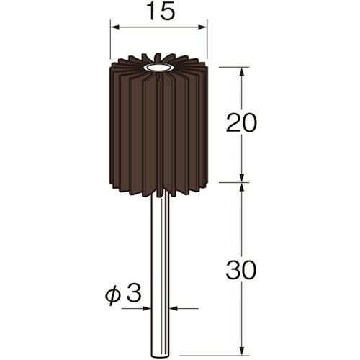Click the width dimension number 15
[x=158, y=12]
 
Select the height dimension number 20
[x=241, y=124]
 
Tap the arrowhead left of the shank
[x=148, y=310]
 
